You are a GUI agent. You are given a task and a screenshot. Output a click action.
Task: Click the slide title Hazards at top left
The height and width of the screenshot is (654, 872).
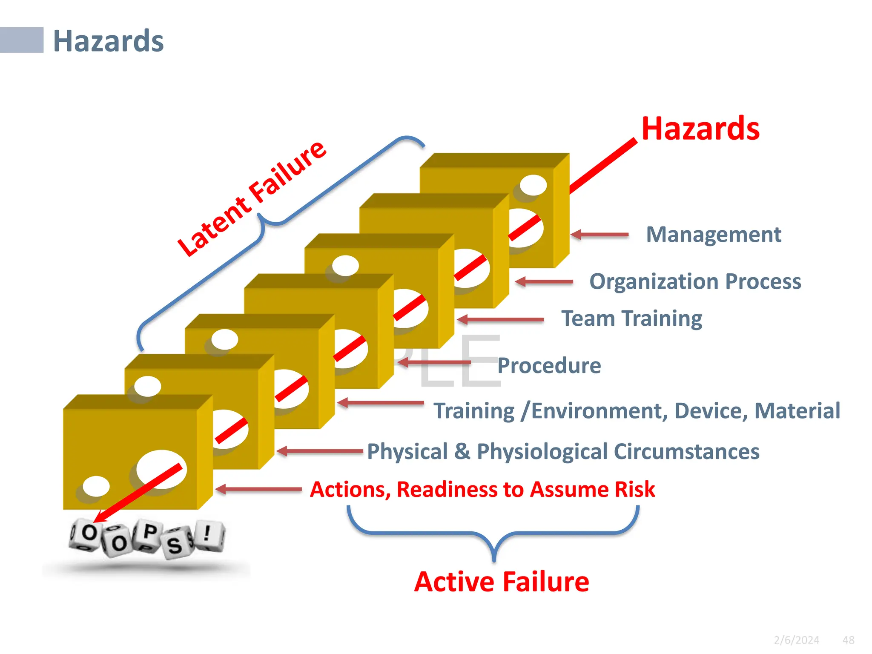(108, 41)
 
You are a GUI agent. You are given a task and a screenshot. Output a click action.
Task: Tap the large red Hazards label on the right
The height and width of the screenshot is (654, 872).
(700, 129)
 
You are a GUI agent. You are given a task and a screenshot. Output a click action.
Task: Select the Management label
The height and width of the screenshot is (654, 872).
(713, 235)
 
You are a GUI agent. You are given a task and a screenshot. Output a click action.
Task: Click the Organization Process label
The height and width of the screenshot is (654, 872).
(695, 281)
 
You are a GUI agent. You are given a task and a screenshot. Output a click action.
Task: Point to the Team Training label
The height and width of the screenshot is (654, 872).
(631, 318)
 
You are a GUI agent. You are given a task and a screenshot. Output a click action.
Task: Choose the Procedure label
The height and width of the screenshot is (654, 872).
(549, 365)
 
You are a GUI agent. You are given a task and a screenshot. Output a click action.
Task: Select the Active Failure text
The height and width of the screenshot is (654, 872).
(502, 582)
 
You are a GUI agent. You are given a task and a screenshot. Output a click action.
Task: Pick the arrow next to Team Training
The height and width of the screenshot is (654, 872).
(500, 319)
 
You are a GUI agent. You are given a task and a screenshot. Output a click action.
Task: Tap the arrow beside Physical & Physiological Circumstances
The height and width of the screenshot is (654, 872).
(319, 451)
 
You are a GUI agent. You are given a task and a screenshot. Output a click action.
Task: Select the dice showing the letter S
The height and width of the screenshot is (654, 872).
(175, 544)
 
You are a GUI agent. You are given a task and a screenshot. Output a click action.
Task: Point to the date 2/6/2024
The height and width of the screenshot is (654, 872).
(796, 640)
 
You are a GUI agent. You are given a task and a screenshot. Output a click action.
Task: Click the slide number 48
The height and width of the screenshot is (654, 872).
(848, 640)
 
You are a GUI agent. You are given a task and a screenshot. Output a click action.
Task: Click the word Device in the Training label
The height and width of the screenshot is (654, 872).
(711, 411)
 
